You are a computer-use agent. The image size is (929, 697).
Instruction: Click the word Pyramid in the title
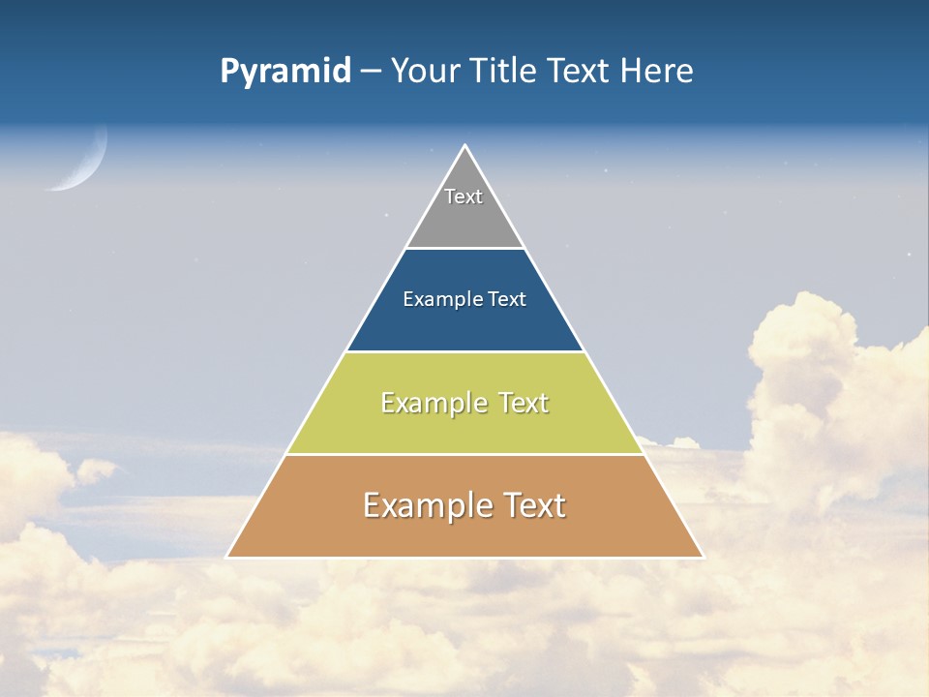tap(285, 72)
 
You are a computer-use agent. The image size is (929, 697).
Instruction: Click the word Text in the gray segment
tap(464, 197)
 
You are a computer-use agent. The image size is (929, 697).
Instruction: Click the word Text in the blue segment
tap(507, 299)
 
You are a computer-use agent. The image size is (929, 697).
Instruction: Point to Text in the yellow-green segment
tap(524, 403)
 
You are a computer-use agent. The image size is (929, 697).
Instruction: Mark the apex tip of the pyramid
tap(464, 146)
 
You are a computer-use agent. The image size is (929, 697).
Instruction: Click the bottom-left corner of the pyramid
tap(227, 557)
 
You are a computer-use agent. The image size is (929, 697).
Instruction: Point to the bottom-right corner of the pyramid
tap(702, 557)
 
